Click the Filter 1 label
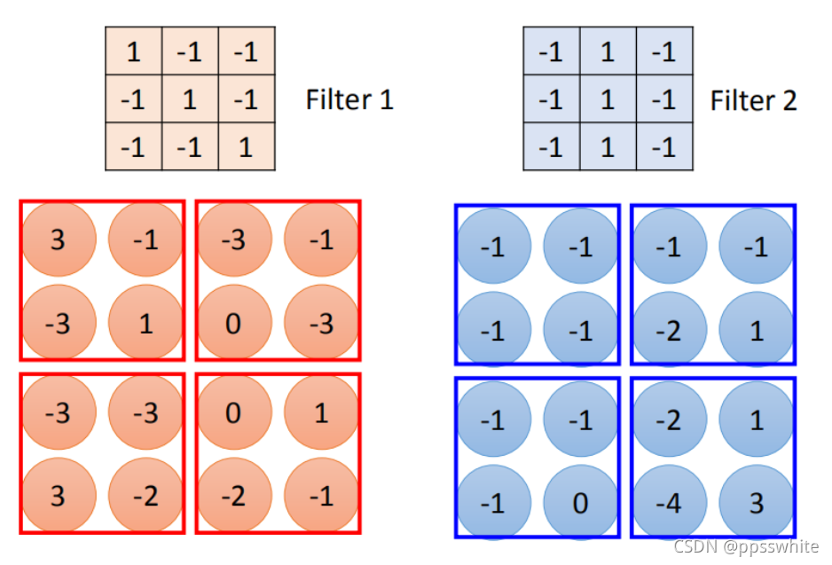349,99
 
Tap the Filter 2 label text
753,99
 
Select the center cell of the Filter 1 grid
190,99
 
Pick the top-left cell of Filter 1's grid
133,52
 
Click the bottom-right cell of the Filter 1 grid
246,146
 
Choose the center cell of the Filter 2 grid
608,99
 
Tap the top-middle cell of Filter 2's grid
608,52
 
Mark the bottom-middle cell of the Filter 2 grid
608,146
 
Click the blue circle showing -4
669,504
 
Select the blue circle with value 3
757,504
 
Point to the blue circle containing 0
580,504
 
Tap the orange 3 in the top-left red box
58,239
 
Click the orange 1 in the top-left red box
145,323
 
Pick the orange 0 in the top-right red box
233,323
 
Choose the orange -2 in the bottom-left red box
145,495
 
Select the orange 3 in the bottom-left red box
58,495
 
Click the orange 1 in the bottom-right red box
321,412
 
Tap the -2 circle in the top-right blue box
669,331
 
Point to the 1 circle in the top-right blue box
757,331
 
